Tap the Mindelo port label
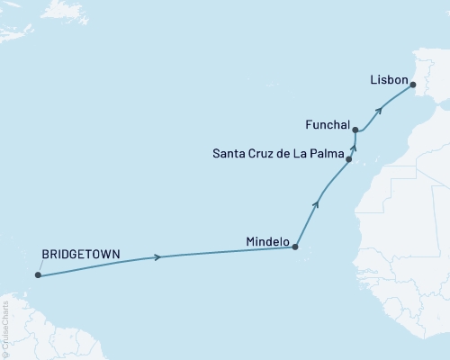267,242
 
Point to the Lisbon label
390,79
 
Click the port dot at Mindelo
295,247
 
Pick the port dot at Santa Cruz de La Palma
348,159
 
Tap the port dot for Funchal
356,130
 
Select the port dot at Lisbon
413,85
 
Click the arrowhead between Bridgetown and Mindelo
158,257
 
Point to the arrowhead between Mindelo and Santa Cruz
316,204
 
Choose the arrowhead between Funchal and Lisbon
380,110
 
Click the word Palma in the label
327,153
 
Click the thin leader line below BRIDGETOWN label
39,269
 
